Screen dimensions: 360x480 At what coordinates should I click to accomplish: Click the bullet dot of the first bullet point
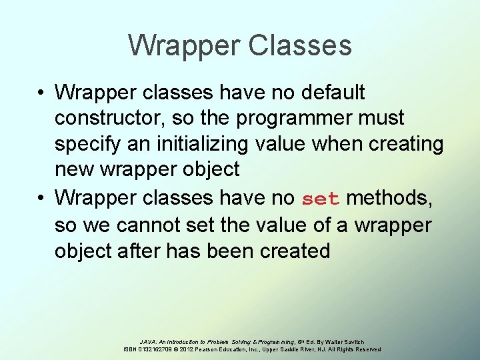click(x=41, y=93)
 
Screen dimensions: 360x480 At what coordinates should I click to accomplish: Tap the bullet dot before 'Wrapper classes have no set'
click(x=41, y=198)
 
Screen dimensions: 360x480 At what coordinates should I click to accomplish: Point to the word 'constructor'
click(x=110, y=119)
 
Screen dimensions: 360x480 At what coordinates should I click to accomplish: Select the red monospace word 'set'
click(x=321, y=199)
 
